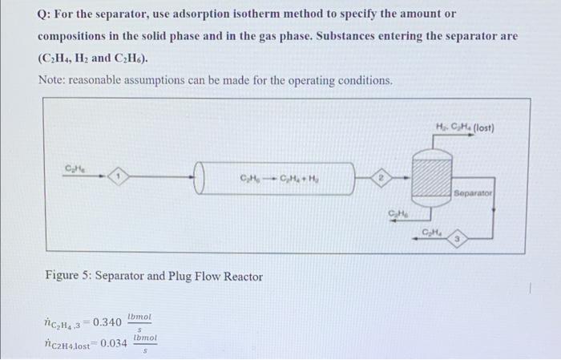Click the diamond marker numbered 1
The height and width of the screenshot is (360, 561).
pos(119,175)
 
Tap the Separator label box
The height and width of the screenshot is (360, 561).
pos(473,193)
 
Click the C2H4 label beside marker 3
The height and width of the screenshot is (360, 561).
pos(432,233)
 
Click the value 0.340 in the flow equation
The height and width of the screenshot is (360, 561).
pos(107,322)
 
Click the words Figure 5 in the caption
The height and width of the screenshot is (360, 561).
pos(68,277)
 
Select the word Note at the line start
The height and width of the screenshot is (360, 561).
pos(52,81)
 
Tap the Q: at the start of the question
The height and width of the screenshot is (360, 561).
pos(46,14)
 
